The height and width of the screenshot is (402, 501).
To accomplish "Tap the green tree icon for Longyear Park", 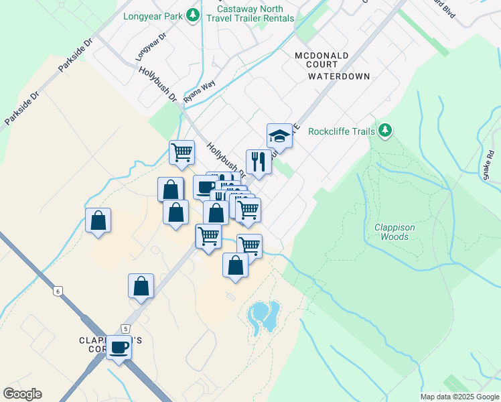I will (x=193, y=14).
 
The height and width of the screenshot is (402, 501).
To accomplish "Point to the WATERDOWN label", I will (x=339, y=76).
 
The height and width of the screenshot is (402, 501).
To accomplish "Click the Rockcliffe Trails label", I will (x=341, y=131).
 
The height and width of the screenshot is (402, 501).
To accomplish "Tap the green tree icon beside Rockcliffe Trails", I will (x=384, y=130).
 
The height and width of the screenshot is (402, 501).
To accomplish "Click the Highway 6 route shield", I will (x=58, y=290).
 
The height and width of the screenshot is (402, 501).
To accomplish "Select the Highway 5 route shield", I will (x=125, y=328).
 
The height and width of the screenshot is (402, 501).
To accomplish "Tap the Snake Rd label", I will (x=488, y=165).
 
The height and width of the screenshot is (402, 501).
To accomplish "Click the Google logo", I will (x=22, y=394).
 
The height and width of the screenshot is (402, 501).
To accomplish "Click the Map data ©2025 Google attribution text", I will (x=459, y=397).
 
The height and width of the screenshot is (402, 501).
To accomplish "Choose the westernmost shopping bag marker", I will (x=98, y=220).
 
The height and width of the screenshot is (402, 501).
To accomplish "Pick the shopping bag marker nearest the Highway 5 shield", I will (x=141, y=286).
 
